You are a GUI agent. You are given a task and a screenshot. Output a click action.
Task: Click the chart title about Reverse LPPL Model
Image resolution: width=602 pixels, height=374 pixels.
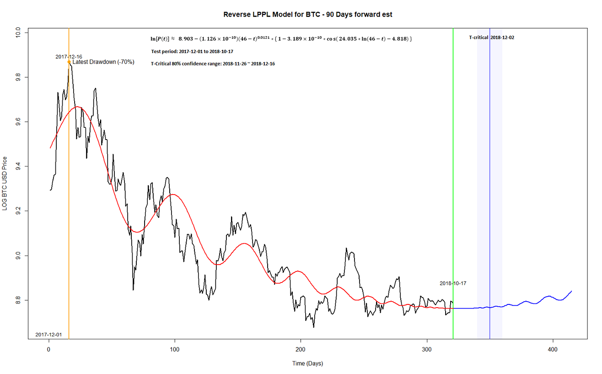click(307, 14)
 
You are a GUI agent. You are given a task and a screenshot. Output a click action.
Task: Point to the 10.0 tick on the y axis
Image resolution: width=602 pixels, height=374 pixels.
click(17, 33)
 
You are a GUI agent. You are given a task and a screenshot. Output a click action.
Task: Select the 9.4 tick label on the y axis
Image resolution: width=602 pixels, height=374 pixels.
click(17, 167)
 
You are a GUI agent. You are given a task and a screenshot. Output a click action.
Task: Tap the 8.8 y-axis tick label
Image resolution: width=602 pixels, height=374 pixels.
click(17, 300)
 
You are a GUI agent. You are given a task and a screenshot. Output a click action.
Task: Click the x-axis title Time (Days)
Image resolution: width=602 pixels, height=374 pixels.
click(307, 364)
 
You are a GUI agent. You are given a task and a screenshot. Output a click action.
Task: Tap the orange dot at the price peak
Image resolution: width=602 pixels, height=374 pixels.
click(69, 62)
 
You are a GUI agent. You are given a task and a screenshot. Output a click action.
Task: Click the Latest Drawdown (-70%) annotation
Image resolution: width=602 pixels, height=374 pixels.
click(103, 62)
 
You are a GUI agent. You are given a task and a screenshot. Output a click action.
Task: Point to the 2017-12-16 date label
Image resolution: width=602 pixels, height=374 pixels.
click(69, 56)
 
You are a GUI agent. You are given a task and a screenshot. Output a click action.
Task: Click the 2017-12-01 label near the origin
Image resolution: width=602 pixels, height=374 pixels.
click(48, 335)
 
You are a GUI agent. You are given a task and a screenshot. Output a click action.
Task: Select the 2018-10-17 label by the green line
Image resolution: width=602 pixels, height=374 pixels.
click(453, 283)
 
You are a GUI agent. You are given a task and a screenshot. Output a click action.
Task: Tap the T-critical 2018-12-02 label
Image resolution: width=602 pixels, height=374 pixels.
click(491, 38)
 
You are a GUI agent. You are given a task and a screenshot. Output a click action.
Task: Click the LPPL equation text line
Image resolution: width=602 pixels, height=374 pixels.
click(281, 39)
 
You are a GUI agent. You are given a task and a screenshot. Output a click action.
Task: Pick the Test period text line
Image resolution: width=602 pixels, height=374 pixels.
click(192, 51)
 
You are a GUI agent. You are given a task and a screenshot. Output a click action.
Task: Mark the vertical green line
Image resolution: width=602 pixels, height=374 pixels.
click(453, 183)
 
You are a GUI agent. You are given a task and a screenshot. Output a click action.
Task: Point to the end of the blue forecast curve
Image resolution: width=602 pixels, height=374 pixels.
click(571, 291)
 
